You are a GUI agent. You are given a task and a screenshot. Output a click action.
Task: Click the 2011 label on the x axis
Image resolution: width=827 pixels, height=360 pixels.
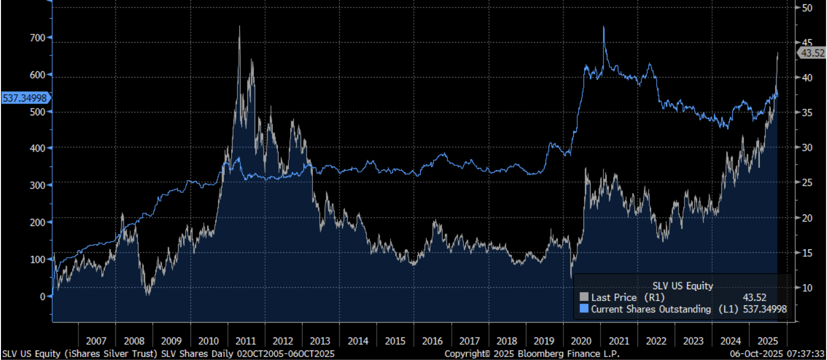tap(246, 341)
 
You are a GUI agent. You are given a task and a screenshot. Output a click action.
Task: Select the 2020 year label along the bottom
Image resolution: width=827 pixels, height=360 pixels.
tap(581, 341)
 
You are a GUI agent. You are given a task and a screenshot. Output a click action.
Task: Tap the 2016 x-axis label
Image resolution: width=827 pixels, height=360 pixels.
tap(432, 341)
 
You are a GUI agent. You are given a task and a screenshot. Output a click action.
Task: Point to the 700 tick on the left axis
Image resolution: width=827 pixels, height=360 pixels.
tap(37, 38)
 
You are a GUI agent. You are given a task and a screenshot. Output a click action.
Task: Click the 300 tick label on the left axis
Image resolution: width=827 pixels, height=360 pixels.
tap(37, 185)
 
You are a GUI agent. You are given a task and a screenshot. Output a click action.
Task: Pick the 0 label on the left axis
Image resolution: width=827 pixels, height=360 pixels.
tap(43, 297)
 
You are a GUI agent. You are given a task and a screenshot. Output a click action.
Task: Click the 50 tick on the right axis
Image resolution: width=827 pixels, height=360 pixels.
tap(807, 8)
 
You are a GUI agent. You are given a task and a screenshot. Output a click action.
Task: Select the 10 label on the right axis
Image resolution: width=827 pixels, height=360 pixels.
tap(807, 288)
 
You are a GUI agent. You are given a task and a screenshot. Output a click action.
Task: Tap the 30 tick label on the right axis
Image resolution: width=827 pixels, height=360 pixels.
tap(807, 147)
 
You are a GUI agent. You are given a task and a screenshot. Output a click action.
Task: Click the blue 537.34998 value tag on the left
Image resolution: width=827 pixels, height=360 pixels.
tap(25, 98)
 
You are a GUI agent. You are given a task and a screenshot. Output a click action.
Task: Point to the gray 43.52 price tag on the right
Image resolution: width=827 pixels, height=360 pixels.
tap(813, 53)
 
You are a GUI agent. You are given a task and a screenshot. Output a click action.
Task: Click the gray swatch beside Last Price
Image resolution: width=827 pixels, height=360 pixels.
tap(584, 297)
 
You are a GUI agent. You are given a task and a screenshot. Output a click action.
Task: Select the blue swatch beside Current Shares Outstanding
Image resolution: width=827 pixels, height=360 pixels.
tap(584, 309)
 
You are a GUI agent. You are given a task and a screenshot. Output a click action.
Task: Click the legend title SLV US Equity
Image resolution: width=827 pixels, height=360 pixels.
tap(682, 286)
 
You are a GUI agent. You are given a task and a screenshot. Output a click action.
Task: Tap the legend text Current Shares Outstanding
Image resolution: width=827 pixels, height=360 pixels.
tap(651, 309)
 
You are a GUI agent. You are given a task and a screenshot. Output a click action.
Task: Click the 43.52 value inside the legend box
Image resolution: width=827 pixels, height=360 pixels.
tap(754, 297)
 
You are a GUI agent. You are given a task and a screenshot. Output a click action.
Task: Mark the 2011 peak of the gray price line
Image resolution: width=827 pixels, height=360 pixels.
tap(240, 26)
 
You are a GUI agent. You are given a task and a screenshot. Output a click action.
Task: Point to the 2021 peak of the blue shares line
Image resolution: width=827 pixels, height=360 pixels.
tap(604, 27)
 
